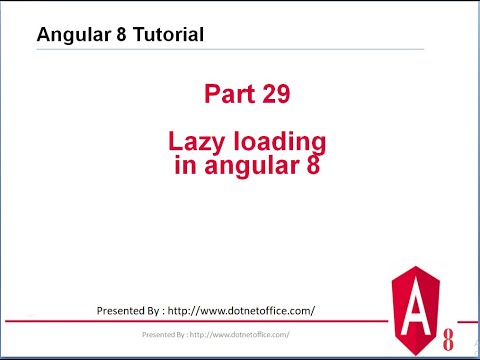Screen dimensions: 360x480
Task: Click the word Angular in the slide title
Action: tap(73, 35)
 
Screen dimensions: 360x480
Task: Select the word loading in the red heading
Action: tap(274, 143)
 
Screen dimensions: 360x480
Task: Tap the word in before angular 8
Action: tap(184, 165)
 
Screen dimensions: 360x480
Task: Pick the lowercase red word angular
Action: tap(245, 166)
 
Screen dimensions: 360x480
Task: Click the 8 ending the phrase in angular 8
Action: tap(312, 165)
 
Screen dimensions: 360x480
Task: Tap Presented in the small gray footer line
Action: tap(160, 333)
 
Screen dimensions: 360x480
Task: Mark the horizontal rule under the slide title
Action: tap(230, 49)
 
